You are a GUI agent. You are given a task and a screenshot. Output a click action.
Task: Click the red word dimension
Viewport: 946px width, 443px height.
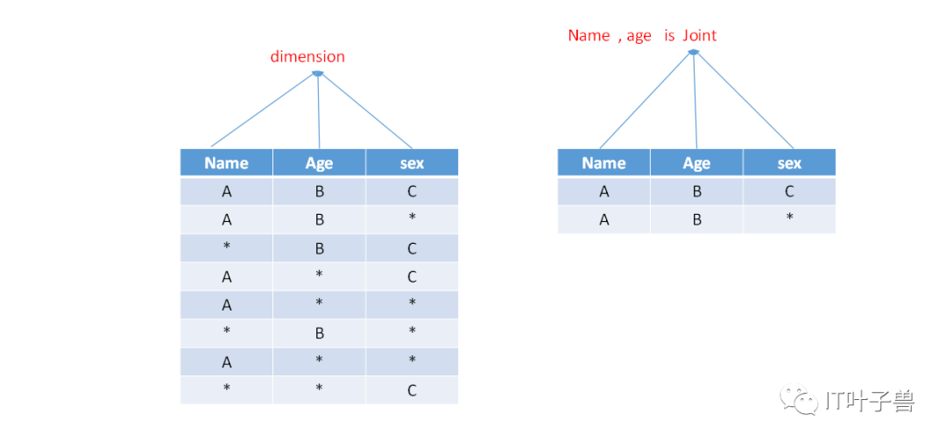click(x=307, y=57)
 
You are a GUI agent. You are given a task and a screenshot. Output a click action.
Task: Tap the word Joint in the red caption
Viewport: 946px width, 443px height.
click(x=700, y=36)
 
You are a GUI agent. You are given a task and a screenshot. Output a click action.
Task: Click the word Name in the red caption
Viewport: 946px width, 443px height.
click(x=589, y=36)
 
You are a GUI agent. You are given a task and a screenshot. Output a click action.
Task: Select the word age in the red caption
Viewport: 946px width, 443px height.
click(x=639, y=37)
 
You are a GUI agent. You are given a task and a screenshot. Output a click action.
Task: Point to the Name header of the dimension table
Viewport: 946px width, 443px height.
click(x=226, y=162)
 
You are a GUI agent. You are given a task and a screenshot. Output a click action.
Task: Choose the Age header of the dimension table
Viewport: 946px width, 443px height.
click(x=319, y=163)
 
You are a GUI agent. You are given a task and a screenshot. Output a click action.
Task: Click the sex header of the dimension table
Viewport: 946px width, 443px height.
click(x=412, y=163)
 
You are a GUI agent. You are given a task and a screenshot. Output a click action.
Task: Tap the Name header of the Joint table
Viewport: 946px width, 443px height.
click(x=604, y=162)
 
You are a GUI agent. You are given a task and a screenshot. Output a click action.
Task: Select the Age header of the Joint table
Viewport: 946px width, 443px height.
click(x=696, y=163)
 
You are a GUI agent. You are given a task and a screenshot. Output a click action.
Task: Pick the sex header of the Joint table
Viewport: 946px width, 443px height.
click(x=789, y=163)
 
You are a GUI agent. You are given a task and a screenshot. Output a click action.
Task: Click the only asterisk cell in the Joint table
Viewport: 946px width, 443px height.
click(x=789, y=218)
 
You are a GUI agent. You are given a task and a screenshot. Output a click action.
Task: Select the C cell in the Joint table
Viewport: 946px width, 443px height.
click(x=789, y=191)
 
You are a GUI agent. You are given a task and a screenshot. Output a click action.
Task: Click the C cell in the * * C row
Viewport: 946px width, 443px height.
click(x=412, y=389)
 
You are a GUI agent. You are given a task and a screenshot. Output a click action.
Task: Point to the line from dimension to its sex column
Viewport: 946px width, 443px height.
click(x=365, y=111)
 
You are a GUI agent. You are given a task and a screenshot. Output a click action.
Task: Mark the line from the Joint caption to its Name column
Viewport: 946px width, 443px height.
click(x=646, y=101)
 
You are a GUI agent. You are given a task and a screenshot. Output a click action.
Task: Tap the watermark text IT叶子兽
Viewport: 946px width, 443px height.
click(x=870, y=400)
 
